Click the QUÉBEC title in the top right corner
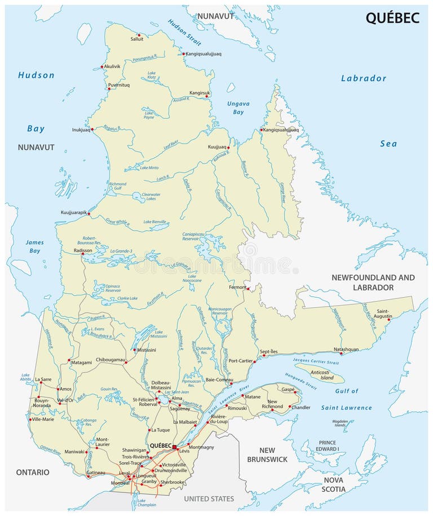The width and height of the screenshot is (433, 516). point(392,18)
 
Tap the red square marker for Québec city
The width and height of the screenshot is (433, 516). point(175,447)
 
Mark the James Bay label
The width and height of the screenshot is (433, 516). point(34,246)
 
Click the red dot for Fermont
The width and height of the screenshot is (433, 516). point(248,288)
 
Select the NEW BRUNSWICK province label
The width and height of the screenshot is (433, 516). point(267,455)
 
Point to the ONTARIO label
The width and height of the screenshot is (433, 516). point(33,472)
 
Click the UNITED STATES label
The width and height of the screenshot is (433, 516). point(209,499)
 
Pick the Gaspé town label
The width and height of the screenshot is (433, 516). point(288,389)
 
